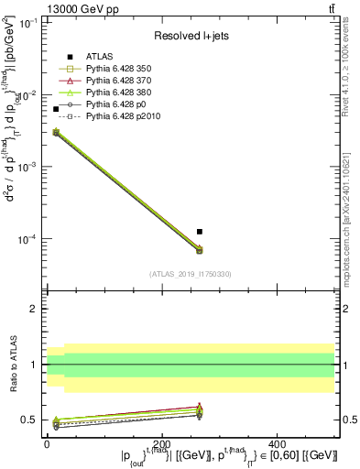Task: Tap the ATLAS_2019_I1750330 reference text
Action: click(191, 274)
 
